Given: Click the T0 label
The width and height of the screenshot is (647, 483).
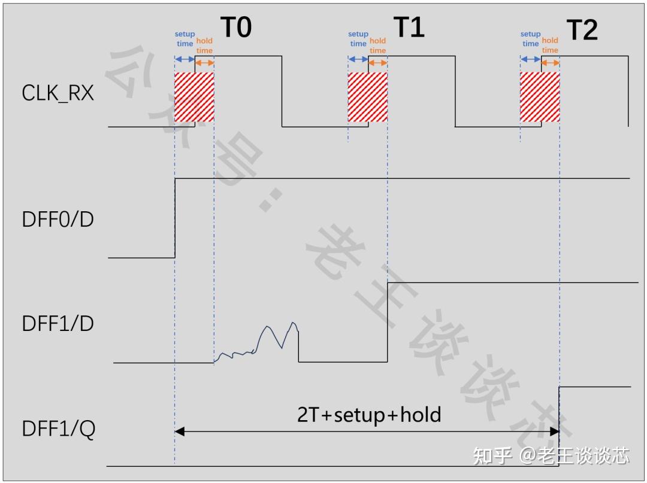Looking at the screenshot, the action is pos(237,27).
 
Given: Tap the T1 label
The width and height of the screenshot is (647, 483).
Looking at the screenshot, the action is pos(409,27).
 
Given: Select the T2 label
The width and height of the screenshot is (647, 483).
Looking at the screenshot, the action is pos(582,29).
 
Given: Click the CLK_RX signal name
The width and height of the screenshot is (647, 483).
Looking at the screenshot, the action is pos(58,93).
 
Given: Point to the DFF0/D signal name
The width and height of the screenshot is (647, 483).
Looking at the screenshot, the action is pos(58,219).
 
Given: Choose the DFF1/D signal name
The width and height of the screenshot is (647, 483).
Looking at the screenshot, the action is pos(58,323).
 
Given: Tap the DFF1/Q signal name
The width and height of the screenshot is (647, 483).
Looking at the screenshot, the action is pos(58,429).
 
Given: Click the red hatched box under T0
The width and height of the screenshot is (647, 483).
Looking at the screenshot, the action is pos(194,98).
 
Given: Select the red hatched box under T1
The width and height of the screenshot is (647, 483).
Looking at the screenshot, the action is pos(368,98).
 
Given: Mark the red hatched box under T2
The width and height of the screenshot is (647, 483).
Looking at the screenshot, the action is pos(540,98).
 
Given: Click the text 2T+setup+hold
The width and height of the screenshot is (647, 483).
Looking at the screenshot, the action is pos(369,414).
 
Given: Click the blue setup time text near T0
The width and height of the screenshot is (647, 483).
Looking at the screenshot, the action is pos(185,39).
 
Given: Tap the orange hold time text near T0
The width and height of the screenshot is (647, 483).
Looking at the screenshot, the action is pos(204,45).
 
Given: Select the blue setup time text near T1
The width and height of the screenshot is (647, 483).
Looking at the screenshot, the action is pos(358,39).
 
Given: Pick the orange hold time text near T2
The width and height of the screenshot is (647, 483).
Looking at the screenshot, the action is pos(550,45).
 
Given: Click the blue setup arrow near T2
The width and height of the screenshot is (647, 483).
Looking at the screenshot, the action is pos(530,59).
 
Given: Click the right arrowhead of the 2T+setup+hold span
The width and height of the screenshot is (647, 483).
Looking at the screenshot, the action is pos(554,431).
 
